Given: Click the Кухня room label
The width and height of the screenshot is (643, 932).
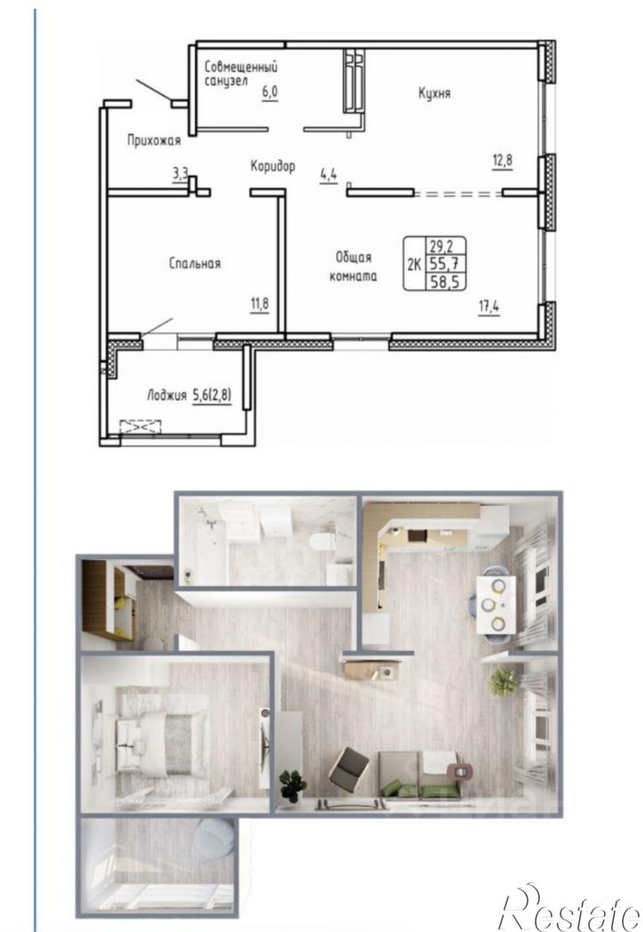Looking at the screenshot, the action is click(x=434, y=93).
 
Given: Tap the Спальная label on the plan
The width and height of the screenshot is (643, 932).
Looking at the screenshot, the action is click(x=195, y=264).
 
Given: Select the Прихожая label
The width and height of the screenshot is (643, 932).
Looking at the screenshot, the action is click(x=153, y=141).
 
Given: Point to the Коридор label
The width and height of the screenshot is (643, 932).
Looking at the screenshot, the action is click(x=272, y=166).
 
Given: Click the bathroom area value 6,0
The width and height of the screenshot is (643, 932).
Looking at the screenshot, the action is click(x=271, y=92).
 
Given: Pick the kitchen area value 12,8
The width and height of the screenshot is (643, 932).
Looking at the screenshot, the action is click(x=502, y=161).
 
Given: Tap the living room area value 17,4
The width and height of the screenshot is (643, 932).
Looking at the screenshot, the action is click(x=490, y=307).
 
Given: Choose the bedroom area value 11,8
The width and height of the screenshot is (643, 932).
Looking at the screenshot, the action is click(x=260, y=304).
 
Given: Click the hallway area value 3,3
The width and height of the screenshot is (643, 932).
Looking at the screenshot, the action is click(x=181, y=174).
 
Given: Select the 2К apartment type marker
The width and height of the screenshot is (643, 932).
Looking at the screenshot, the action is click(x=414, y=264).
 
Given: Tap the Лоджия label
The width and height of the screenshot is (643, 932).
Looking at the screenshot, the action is click(x=166, y=395).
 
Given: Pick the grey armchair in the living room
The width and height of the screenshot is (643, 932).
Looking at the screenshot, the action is click(x=349, y=769).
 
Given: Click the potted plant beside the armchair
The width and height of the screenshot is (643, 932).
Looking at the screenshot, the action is click(x=293, y=785).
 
